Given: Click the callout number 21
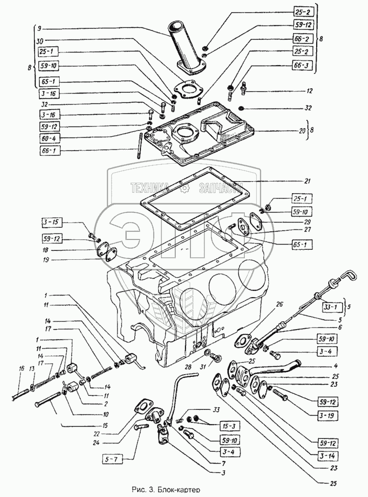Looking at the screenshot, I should [308, 181].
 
